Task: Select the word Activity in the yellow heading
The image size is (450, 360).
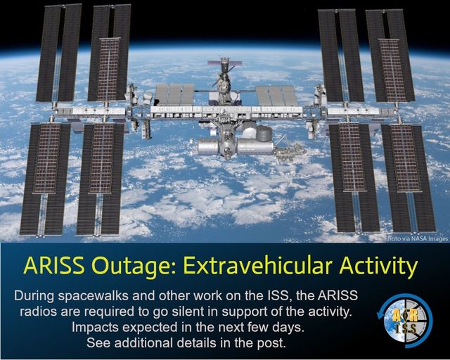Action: pos(378,266)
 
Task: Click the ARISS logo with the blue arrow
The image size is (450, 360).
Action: pos(405,321)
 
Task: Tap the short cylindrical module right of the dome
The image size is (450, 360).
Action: pos(264,134)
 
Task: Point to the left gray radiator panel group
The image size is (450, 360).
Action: pos(174,94)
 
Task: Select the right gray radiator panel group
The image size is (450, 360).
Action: pos(276,96)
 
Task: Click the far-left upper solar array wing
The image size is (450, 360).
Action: pos(59,53)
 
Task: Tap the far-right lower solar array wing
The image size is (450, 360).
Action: pos(409,178)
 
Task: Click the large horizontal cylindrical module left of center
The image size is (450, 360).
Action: pos(208,146)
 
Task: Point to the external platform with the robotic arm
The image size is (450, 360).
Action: pos(290,150)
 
